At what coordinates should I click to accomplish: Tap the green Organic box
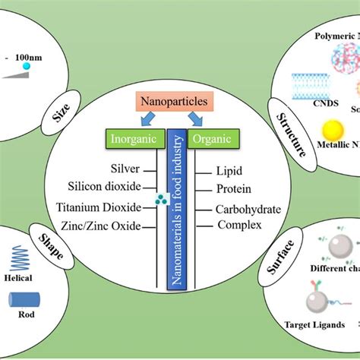coord(213,138)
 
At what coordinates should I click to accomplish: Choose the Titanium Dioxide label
coord(109,207)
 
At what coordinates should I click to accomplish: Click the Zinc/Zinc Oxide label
coord(108,226)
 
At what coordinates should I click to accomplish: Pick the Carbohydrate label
coord(248,209)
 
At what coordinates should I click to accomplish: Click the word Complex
coord(239,225)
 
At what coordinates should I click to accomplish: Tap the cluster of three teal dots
coord(160,200)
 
